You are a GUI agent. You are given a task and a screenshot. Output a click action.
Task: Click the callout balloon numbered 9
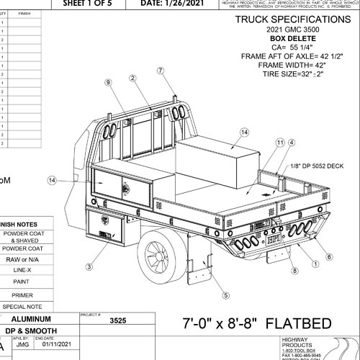108,84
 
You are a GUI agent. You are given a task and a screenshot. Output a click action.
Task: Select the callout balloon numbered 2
133,78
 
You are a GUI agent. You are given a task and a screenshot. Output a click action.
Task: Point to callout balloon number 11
280,144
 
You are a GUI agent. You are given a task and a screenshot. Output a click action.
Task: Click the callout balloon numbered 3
89,266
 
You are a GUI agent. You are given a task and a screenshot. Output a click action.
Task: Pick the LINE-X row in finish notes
26,269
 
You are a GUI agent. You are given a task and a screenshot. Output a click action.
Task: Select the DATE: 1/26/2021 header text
174,3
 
